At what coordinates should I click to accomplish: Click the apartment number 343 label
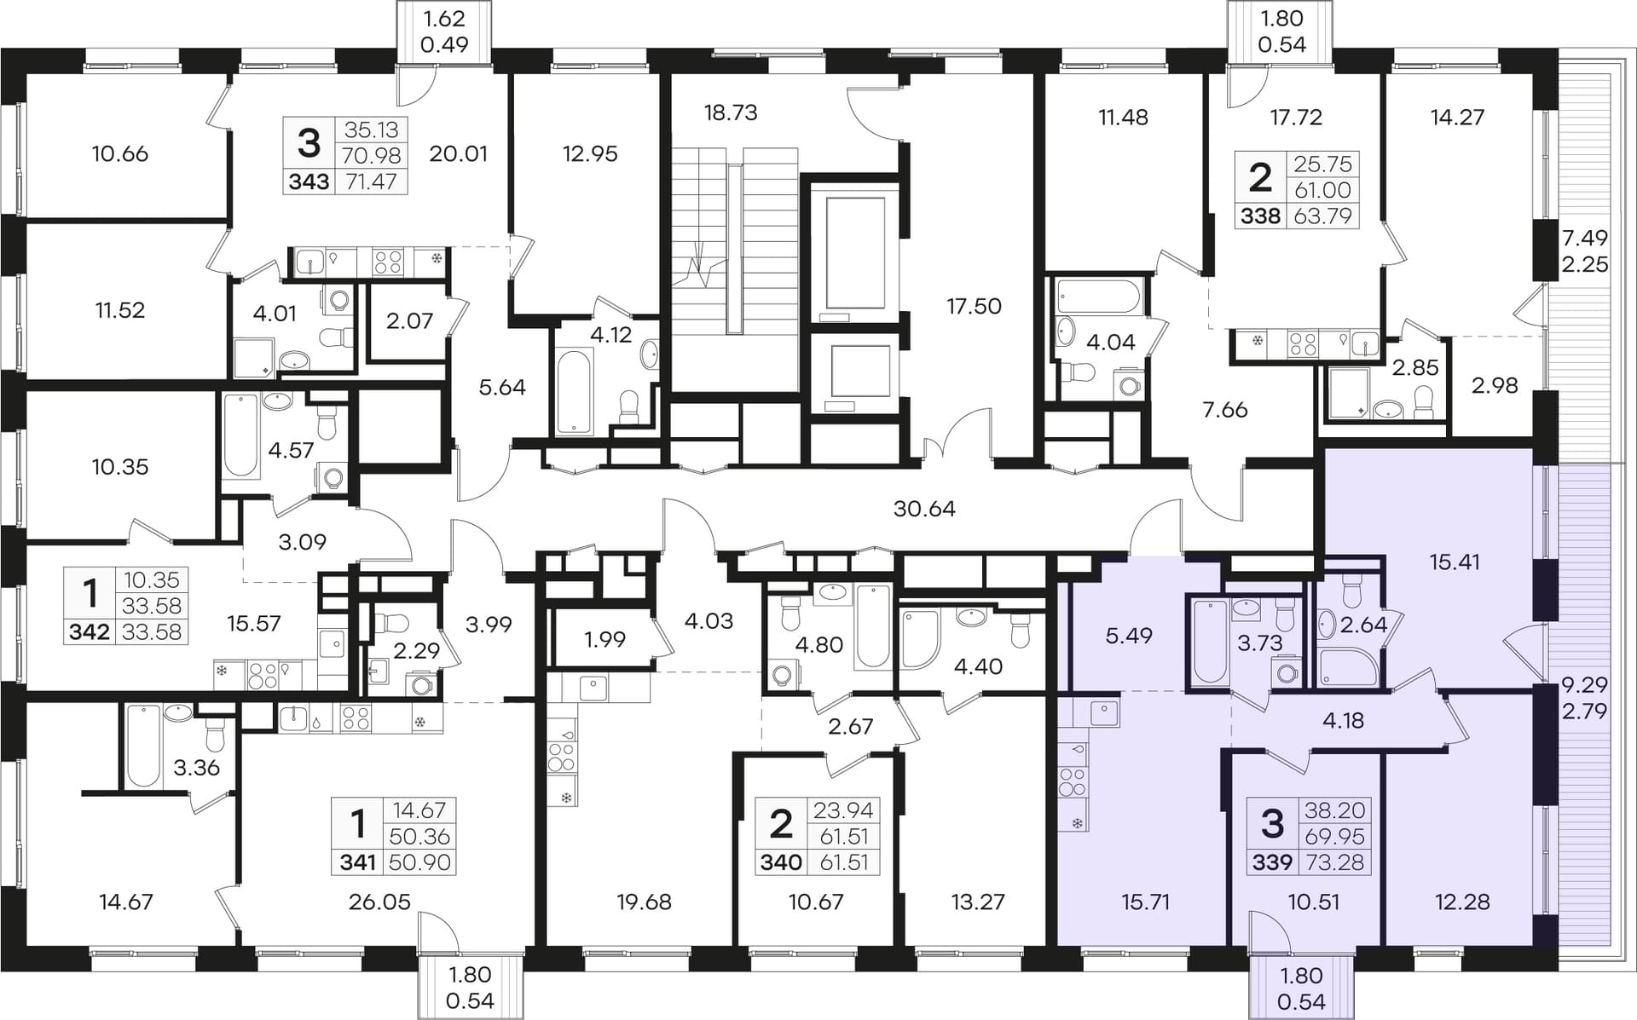pos(309,182)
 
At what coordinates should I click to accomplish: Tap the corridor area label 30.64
pos(924,509)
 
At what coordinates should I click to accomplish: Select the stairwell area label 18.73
pos(731,112)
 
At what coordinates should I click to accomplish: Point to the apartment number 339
pos(1272,862)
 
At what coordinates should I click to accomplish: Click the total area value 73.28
pos(1334,862)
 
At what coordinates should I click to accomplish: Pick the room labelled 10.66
pos(119,153)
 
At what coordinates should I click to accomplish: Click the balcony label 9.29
pos(1584,684)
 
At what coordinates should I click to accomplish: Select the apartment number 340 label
pos(781,862)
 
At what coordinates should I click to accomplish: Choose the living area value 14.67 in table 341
pos(419,810)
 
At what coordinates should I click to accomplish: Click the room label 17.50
pos(974,306)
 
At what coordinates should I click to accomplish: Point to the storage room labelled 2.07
pos(409,320)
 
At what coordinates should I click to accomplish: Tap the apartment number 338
pos(1260,216)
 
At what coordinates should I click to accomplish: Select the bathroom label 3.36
pos(197,768)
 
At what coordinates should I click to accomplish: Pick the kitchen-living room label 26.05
pos(379,902)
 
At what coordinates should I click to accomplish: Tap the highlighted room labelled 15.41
pos(1455,562)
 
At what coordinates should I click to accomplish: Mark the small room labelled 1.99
pos(605,639)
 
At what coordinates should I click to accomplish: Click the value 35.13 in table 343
pos(371,130)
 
